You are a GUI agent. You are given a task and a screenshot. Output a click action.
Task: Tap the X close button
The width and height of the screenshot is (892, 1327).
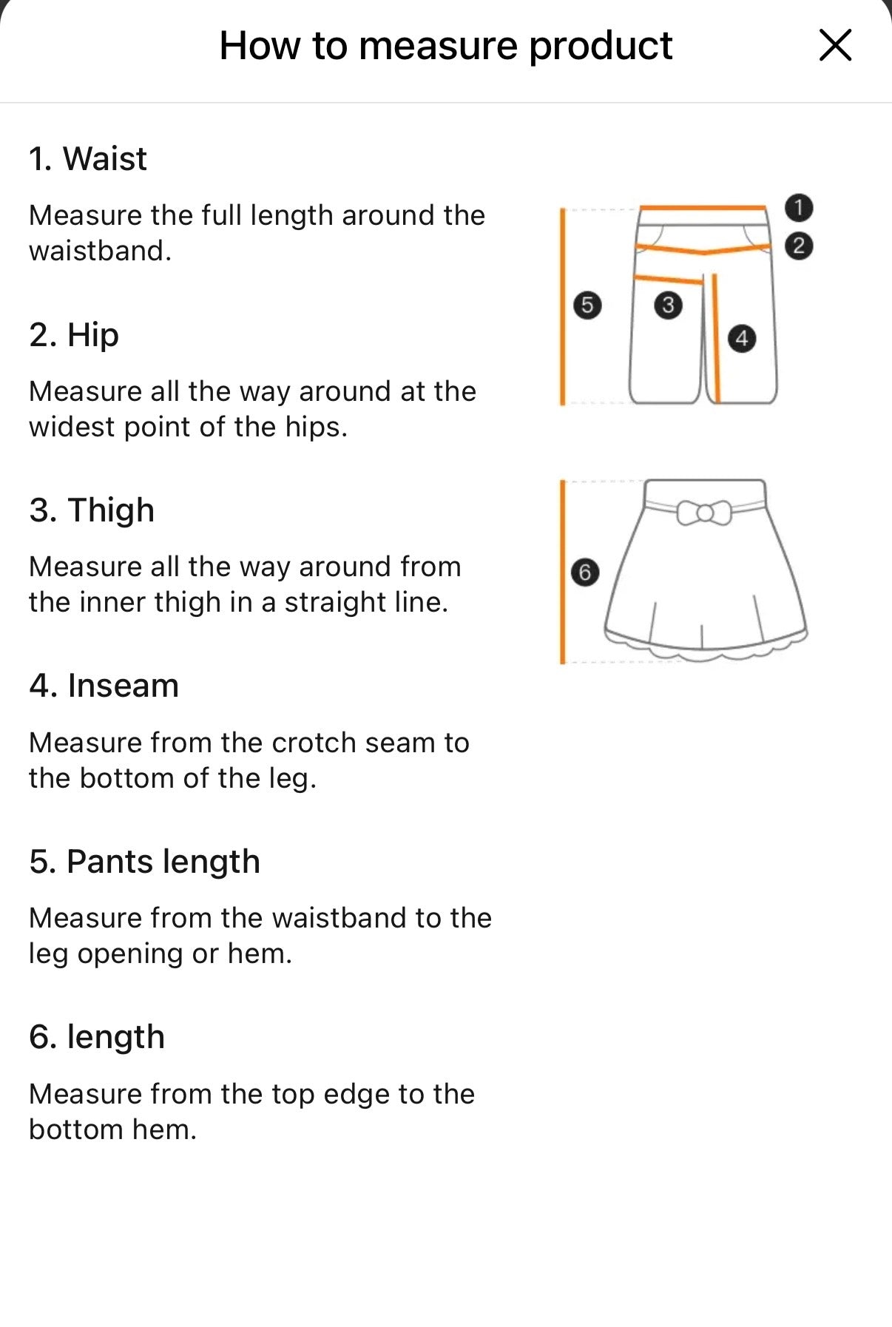[835, 45]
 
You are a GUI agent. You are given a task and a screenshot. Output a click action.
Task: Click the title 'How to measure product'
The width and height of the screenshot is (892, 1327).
[445, 46]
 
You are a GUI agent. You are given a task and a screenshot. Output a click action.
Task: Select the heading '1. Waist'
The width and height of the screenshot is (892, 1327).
[88, 158]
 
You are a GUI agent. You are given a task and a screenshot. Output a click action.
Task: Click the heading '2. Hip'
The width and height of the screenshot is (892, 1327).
[74, 334]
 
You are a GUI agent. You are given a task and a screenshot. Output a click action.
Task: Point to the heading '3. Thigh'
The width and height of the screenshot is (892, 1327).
[92, 510]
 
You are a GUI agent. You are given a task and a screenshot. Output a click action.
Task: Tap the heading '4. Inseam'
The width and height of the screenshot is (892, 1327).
[104, 686]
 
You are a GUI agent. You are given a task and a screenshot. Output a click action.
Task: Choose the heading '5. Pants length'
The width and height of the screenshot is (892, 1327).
[145, 862]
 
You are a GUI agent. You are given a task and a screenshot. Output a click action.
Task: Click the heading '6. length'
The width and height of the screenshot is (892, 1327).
[97, 1037]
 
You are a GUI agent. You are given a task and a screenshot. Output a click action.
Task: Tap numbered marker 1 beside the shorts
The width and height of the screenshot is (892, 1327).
[798, 208]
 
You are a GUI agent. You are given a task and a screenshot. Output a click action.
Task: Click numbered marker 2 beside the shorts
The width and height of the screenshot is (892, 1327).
[798, 246]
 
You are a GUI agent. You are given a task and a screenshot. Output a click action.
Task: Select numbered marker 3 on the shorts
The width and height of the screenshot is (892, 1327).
[668, 305]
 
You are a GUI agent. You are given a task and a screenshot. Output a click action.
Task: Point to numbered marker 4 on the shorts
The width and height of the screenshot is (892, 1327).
[742, 339]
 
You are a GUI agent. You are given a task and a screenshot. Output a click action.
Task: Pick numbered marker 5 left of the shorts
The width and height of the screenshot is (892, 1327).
[587, 305]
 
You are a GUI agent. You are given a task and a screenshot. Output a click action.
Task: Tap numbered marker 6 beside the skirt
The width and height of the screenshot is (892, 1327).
[585, 572]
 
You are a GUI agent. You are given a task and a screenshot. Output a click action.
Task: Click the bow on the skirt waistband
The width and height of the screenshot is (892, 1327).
[704, 512]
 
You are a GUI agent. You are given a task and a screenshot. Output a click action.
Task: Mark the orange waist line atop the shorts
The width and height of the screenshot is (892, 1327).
[703, 209]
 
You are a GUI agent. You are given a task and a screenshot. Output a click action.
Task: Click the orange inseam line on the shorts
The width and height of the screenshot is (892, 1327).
[716, 337]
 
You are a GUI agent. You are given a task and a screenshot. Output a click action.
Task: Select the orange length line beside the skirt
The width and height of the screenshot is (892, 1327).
[563, 572]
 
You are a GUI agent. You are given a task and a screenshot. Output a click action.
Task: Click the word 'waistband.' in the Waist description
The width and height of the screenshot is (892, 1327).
[101, 251]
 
